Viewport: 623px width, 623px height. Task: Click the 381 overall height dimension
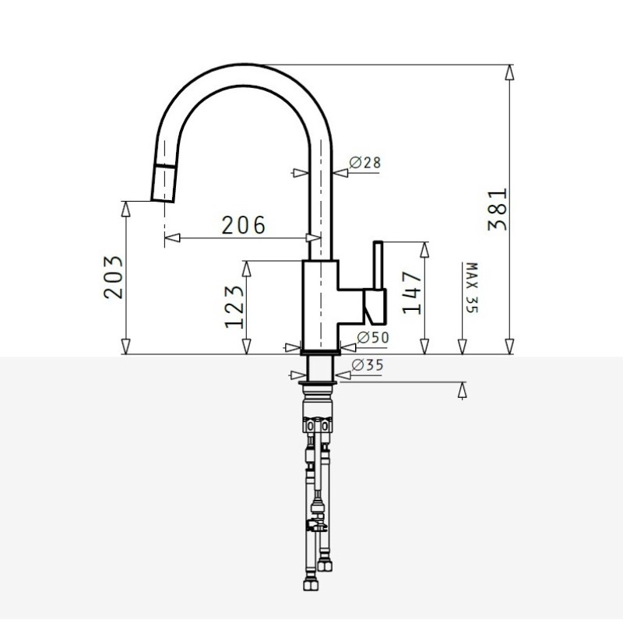(x=498, y=209)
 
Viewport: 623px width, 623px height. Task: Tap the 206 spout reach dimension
(x=243, y=225)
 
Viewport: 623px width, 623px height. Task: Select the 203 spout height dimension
(x=113, y=277)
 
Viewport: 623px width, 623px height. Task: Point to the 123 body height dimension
(x=234, y=307)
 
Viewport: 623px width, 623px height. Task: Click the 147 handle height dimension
(x=412, y=293)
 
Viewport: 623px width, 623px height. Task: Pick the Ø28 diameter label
(x=364, y=163)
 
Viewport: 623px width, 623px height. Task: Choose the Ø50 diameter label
(x=373, y=337)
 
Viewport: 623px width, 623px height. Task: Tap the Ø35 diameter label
(x=368, y=364)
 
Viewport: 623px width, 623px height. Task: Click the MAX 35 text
(x=472, y=287)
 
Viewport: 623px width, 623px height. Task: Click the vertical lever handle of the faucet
(x=378, y=265)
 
